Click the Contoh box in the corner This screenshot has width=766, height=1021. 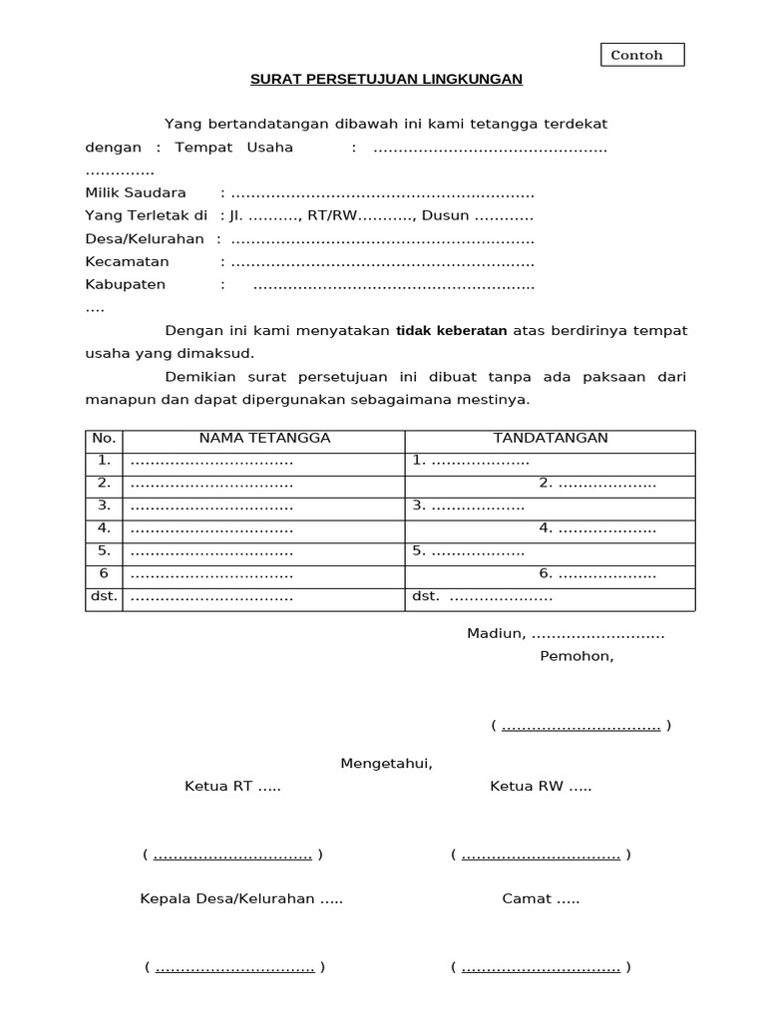642,55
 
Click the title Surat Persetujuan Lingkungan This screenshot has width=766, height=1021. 385,79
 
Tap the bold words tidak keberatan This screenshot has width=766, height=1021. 452,330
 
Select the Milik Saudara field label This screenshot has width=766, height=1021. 136,192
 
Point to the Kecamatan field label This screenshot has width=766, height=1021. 128,261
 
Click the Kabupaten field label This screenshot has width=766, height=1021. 126,284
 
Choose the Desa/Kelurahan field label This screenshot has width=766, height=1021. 145,238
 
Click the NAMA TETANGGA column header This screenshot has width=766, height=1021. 264,438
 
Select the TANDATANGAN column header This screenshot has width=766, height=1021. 551,438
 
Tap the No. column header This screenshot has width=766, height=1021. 104,438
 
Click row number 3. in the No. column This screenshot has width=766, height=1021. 104,506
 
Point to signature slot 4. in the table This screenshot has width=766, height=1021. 596,528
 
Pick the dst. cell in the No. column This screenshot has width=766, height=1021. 104,596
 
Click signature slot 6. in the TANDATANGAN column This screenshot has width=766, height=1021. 596,574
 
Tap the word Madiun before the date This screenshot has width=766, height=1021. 496,633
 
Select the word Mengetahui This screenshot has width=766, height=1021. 387,763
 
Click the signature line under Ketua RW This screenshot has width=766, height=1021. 541,854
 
